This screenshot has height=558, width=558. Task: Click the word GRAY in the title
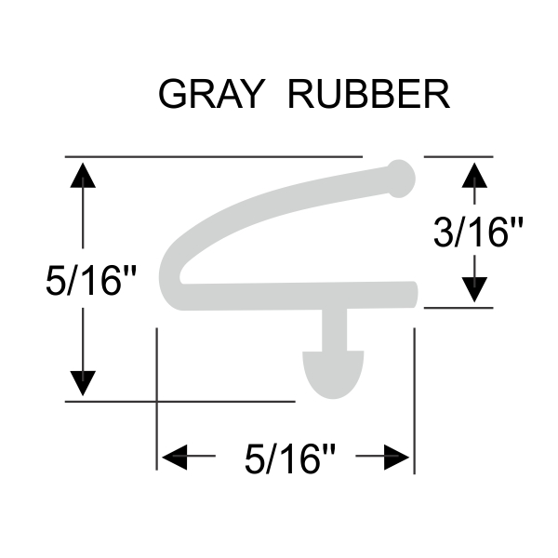coord(210,93)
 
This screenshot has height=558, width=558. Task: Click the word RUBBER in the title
coord(369,93)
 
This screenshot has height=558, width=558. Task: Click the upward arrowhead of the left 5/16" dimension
coord(84,176)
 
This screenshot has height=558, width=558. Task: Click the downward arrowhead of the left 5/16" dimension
coord(84,381)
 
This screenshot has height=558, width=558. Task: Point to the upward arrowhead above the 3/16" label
coord(475,174)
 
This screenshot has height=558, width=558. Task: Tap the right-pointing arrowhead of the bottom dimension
coord(396,457)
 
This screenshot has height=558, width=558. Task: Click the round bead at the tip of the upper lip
coord(400,177)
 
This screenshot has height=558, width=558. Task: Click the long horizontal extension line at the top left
coord(214,157)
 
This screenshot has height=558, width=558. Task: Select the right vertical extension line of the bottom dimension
coord(413,391)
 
